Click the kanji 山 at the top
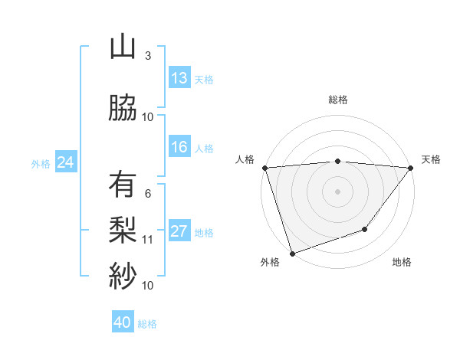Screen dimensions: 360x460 tap(123, 48)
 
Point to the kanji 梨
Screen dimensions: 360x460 tap(123, 228)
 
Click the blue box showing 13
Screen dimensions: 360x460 tap(179, 78)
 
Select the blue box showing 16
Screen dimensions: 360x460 tap(179, 147)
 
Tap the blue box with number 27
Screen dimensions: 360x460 tap(179, 232)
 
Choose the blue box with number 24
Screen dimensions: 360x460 tap(65, 162)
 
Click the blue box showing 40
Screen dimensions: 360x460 tap(123, 322)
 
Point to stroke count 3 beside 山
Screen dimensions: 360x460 tap(148, 56)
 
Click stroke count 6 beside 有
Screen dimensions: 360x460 tap(148, 193)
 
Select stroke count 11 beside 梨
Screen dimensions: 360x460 tap(148, 239)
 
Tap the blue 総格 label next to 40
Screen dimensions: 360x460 tap(147, 324)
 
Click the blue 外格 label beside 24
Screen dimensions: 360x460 tap(41, 163)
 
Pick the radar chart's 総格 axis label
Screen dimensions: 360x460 tap(337, 100)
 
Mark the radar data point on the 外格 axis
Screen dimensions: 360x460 tap(292, 253)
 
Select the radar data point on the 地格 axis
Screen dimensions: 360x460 tap(366, 229)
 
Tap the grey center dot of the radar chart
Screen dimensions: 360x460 tap(337, 191)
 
